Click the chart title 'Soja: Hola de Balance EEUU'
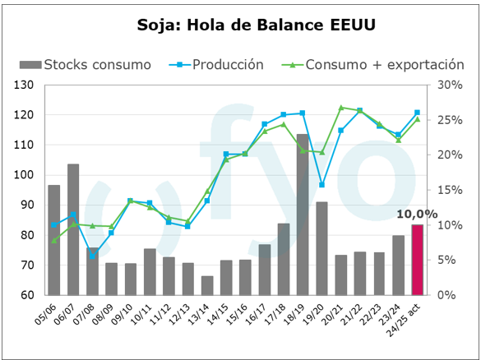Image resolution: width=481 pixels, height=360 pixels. click(x=257, y=25)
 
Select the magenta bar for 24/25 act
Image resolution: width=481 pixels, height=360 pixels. click(x=417, y=260)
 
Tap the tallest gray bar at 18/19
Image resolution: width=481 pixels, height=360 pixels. click(x=302, y=215)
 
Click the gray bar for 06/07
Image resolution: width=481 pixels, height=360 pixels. click(x=73, y=229)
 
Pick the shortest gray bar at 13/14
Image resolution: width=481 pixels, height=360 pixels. click(x=207, y=285)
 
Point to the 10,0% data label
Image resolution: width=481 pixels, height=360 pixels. click(x=417, y=215)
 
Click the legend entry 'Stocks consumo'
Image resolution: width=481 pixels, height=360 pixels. click(x=86, y=65)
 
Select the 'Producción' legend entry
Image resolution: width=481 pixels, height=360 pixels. click(x=216, y=65)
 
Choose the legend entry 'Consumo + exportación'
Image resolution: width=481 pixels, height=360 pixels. click(x=373, y=65)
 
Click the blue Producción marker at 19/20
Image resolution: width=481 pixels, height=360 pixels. click(x=321, y=185)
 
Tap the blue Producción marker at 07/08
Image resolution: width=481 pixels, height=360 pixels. click(x=92, y=256)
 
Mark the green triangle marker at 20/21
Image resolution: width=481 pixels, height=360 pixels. click(x=340, y=108)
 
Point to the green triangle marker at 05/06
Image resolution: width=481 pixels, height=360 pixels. click(x=54, y=241)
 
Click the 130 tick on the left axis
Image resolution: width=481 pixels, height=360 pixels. click(x=24, y=85)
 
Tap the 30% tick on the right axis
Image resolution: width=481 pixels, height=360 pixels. click(x=450, y=85)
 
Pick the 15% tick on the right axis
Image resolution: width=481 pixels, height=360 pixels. click(x=450, y=190)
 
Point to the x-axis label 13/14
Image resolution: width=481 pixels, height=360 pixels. click(x=198, y=314)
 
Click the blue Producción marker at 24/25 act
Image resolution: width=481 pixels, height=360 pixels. click(x=417, y=113)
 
